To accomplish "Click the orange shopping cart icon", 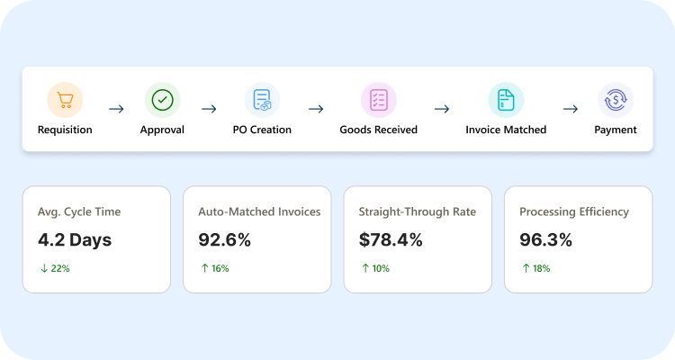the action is (x=65, y=100).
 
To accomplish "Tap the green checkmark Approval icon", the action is (x=162, y=100).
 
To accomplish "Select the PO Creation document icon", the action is (x=262, y=100).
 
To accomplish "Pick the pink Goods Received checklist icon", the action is (x=378, y=100).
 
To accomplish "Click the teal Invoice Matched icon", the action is (x=506, y=100).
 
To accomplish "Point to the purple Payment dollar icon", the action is (x=616, y=100).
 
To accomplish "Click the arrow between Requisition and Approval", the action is (x=116, y=109).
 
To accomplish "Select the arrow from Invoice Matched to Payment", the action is (x=571, y=109).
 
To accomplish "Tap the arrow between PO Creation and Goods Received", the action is (x=316, y=109).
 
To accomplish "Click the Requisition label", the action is (x=65, y=130).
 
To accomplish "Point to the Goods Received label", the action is (x=378, y=130).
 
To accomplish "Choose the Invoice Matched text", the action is (x=506, y=130).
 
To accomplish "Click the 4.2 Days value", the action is (x=75, y=240).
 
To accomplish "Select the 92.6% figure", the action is (x=224, y=240).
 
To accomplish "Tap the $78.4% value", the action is (x=391, y=240).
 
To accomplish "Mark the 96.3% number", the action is (x=545, y=240).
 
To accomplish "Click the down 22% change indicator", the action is (x=55, y=268).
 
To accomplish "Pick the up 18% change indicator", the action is (x=536, y=268).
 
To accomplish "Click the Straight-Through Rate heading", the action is (x=417, y=211).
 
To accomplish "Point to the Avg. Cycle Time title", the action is (x=79, y=211).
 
